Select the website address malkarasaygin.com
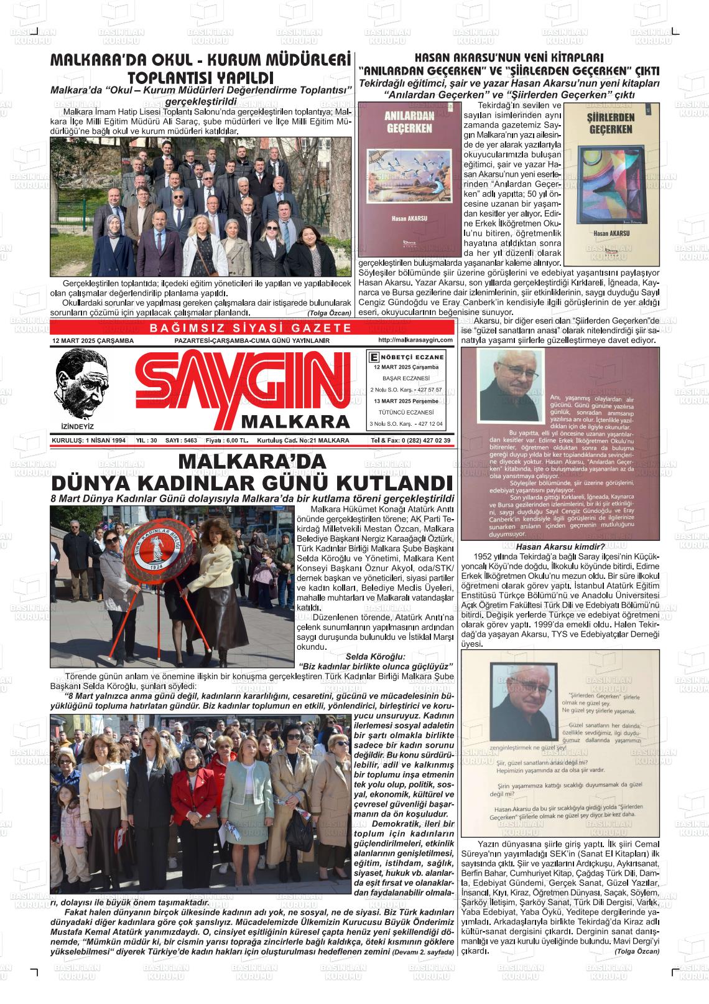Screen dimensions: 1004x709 pyautogui.click(x=415, y=340)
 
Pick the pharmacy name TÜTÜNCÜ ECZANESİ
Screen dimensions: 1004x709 pyautogui.click(x=406, y=412)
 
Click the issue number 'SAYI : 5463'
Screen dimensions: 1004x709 pyautogui.click(x=181, y=440)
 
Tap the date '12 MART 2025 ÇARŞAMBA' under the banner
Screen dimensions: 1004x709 pyautogui.click(x=93, y=341)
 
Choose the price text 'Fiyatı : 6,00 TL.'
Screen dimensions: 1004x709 pyautogui.click(x=227, y=440)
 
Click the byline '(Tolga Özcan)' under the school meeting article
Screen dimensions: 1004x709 pyautogui.click(x=329, y=312)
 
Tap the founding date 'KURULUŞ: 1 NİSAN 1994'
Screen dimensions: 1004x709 pyautogui.click(x=89, y=440)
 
